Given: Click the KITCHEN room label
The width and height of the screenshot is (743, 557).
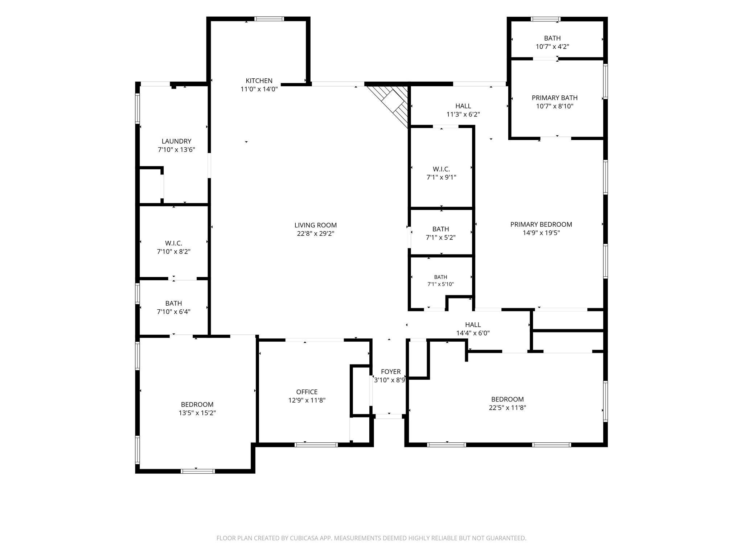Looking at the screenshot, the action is pyautogui.click(x=259, y=81).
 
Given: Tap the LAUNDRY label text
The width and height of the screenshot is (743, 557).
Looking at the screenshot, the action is pyautogui.click(x=176, y=141).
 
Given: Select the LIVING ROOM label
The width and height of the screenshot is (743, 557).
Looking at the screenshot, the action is pyautogui.click(x=316, y=225).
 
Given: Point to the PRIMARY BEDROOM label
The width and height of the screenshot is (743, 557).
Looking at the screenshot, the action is pyautogui.click(x=541, y=224).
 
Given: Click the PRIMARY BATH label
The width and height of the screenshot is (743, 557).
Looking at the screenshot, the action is pyautogui.click(x=555, y=98).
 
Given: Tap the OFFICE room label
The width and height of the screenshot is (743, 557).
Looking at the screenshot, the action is pyautogui.click(x=307, y=392).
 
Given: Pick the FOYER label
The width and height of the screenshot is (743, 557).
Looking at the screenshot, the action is pyautogui.click(x=391, y=372).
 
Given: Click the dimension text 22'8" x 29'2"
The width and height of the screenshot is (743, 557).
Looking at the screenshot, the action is pyautogui.click(x=316, y=234).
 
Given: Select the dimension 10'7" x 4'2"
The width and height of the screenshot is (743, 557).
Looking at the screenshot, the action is pyautogui.click(x=553, y=47).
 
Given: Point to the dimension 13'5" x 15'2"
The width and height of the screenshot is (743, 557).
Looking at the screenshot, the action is pyautogui.click(x=197, y=413).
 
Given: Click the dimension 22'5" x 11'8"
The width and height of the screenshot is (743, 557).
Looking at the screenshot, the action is pyautogui.click(x=508, y=408).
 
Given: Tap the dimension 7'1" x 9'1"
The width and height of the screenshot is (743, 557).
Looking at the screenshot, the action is pyautogui.click(x=441, y=178).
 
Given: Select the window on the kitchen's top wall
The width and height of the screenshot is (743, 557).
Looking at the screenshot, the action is pyautogui.click(x=269, y=19).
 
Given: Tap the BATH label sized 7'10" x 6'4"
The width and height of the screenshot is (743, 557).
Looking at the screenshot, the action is pyautogui.click(x=174, y=303).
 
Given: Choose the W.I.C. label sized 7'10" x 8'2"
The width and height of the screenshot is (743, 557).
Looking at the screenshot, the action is pyautogui.click(x=174, y=243).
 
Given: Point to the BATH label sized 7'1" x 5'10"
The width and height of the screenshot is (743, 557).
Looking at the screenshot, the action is pyautogui.click(x=441, y=277).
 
